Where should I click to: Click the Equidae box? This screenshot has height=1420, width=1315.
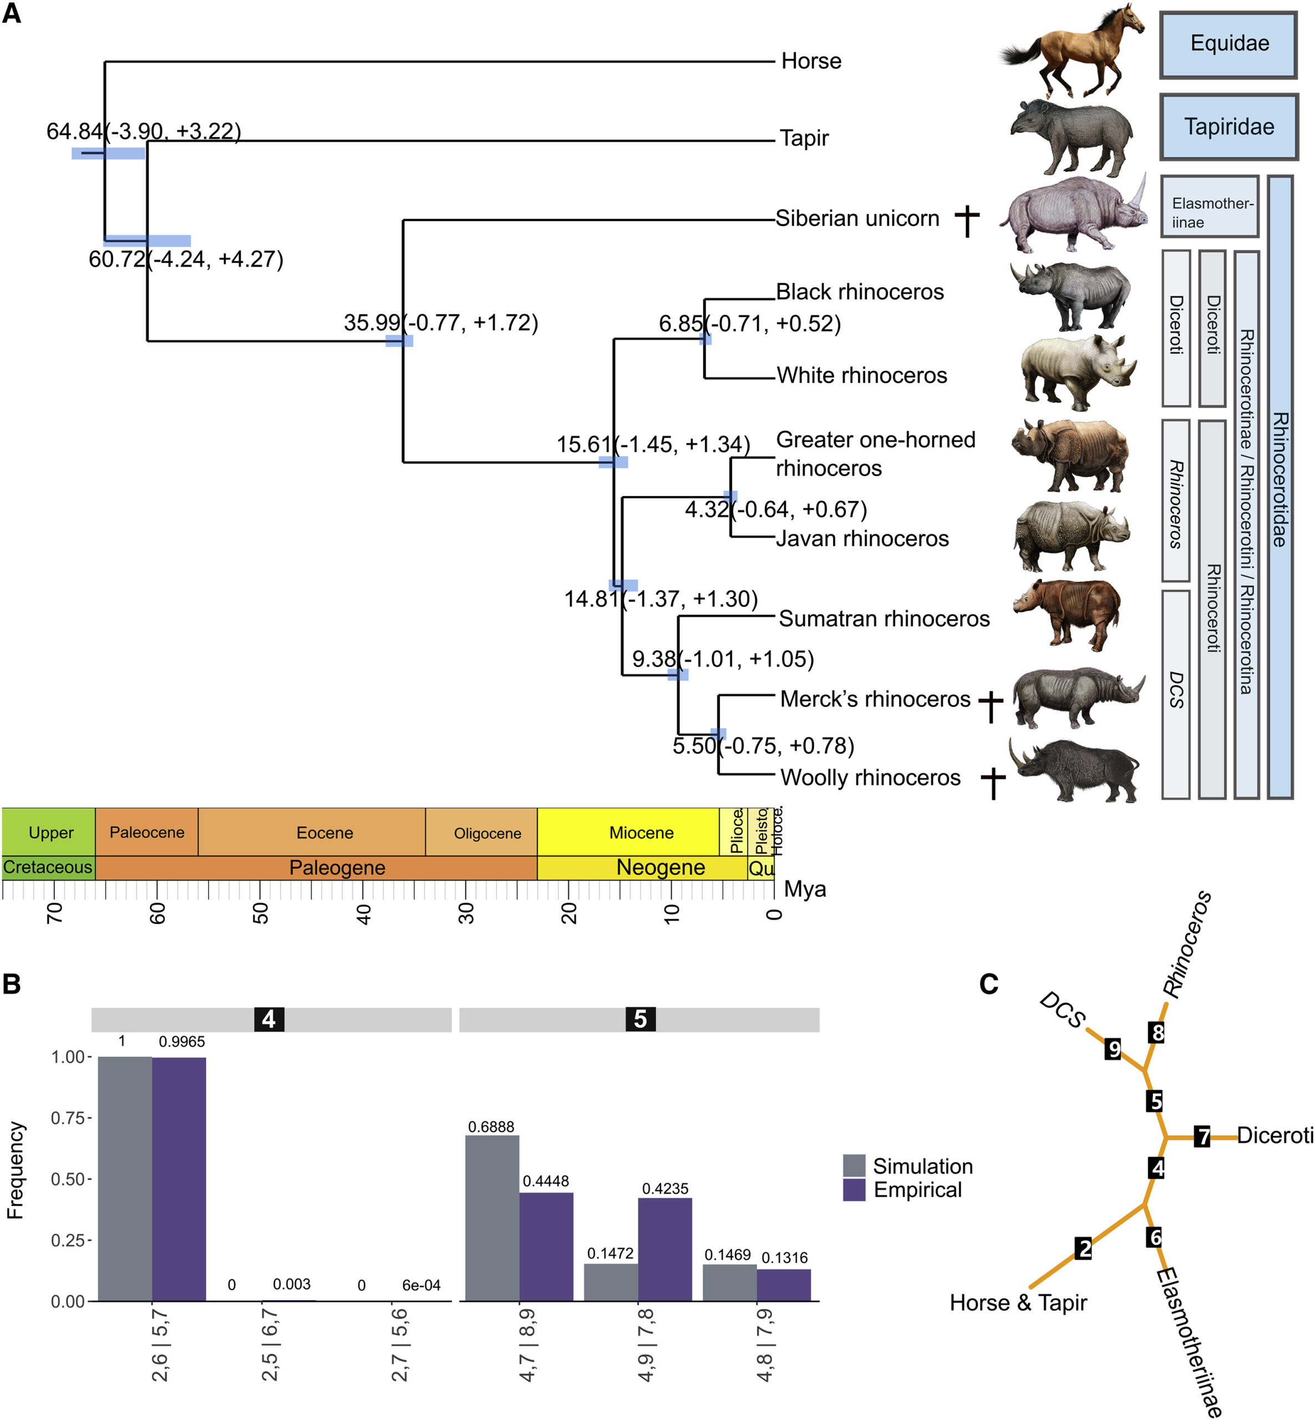point(1229,44)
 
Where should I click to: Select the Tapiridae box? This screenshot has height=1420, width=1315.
point(1229,126)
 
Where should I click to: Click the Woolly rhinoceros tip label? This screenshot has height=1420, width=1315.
point(870,777)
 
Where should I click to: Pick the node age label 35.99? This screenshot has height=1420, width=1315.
point(372,322)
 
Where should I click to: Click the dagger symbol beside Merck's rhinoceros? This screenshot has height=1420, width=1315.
point(991,706)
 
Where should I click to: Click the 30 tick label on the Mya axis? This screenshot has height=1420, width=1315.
point(466,912)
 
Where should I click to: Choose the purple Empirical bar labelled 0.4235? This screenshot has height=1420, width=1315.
point(664,1249)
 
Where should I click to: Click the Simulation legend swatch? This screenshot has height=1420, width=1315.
point(854,1166)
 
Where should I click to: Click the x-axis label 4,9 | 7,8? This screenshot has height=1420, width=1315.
point(646,1345)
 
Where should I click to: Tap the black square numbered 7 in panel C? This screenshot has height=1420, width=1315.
point(1202,1136)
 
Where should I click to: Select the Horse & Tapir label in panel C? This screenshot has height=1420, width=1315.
point(1018,1302)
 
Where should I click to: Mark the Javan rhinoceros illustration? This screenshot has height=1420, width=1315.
point(1072,535)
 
